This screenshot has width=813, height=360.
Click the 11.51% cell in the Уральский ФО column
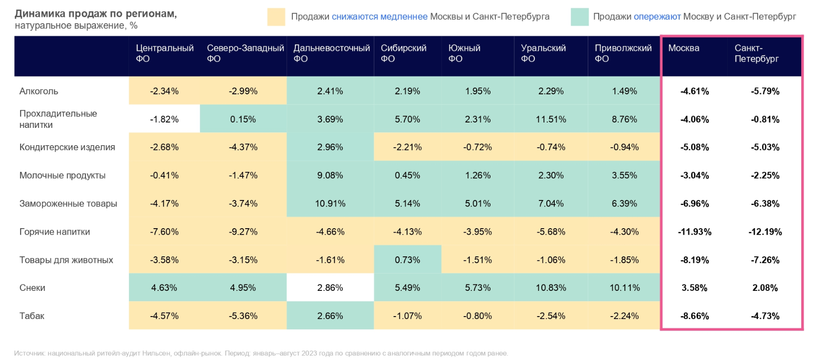click(551, 119)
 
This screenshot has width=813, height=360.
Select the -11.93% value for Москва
click(694, 232)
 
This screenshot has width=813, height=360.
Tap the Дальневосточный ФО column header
click(331, 53)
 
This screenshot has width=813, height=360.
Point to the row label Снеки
click(33, 288)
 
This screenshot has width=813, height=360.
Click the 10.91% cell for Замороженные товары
click(330, 203)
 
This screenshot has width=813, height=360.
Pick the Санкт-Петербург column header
click(756, 53)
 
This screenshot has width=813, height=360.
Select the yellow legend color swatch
click(276, 17)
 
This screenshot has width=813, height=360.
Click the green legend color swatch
click(579, 17)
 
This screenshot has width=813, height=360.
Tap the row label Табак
click(32, 316)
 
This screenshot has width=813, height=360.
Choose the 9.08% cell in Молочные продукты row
click(330, 175)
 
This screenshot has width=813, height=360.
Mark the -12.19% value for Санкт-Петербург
click(765, 232)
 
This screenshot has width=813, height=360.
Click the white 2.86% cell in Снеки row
click(330, 288)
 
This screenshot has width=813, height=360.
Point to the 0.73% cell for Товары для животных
click(407, 260)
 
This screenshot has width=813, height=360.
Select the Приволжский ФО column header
click(623, 53)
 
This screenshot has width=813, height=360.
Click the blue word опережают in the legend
click(657, 17)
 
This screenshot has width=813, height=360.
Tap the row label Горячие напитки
click(55, 232)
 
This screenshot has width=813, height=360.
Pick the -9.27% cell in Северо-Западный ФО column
click(243, 232)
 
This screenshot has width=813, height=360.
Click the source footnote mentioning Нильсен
click(261, 353)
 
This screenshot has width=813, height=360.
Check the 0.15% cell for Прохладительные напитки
click(243, 119)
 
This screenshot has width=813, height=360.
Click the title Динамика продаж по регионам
click(96, 14)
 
